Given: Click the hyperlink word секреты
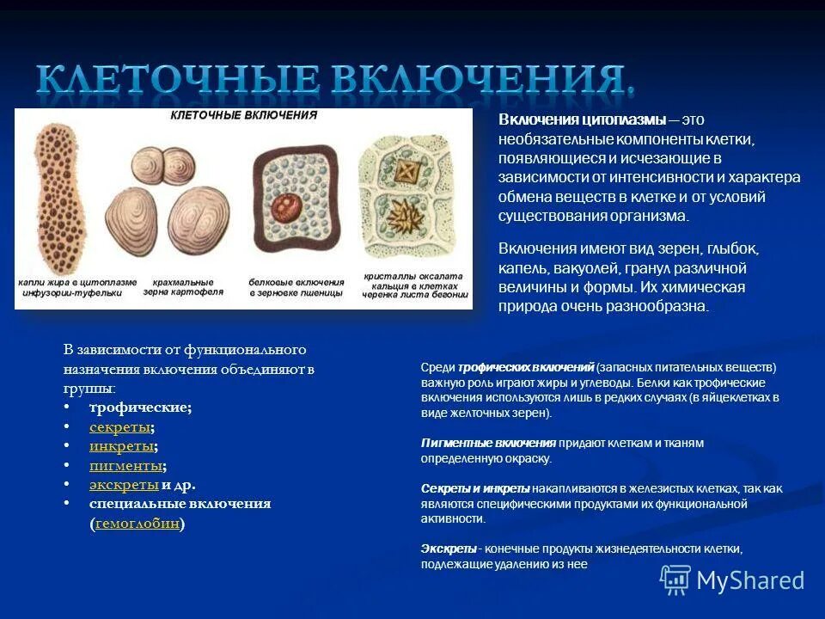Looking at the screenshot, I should point(120,427).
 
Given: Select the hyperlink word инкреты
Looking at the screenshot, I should point(122,446).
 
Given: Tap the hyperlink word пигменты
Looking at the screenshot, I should point(125,465).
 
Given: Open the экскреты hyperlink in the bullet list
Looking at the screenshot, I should point(124,485).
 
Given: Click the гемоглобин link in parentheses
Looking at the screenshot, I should point(137,523).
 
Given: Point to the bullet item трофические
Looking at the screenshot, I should point(140,408).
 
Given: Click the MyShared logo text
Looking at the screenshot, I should point(750,580).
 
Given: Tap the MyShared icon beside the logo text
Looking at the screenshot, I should point(675,580).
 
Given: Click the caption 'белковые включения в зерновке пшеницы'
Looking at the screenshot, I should point(296,286).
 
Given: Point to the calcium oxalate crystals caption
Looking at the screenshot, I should point(413,285).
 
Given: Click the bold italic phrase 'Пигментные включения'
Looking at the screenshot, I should point(488,443).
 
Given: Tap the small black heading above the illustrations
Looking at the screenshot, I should point(244,115).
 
